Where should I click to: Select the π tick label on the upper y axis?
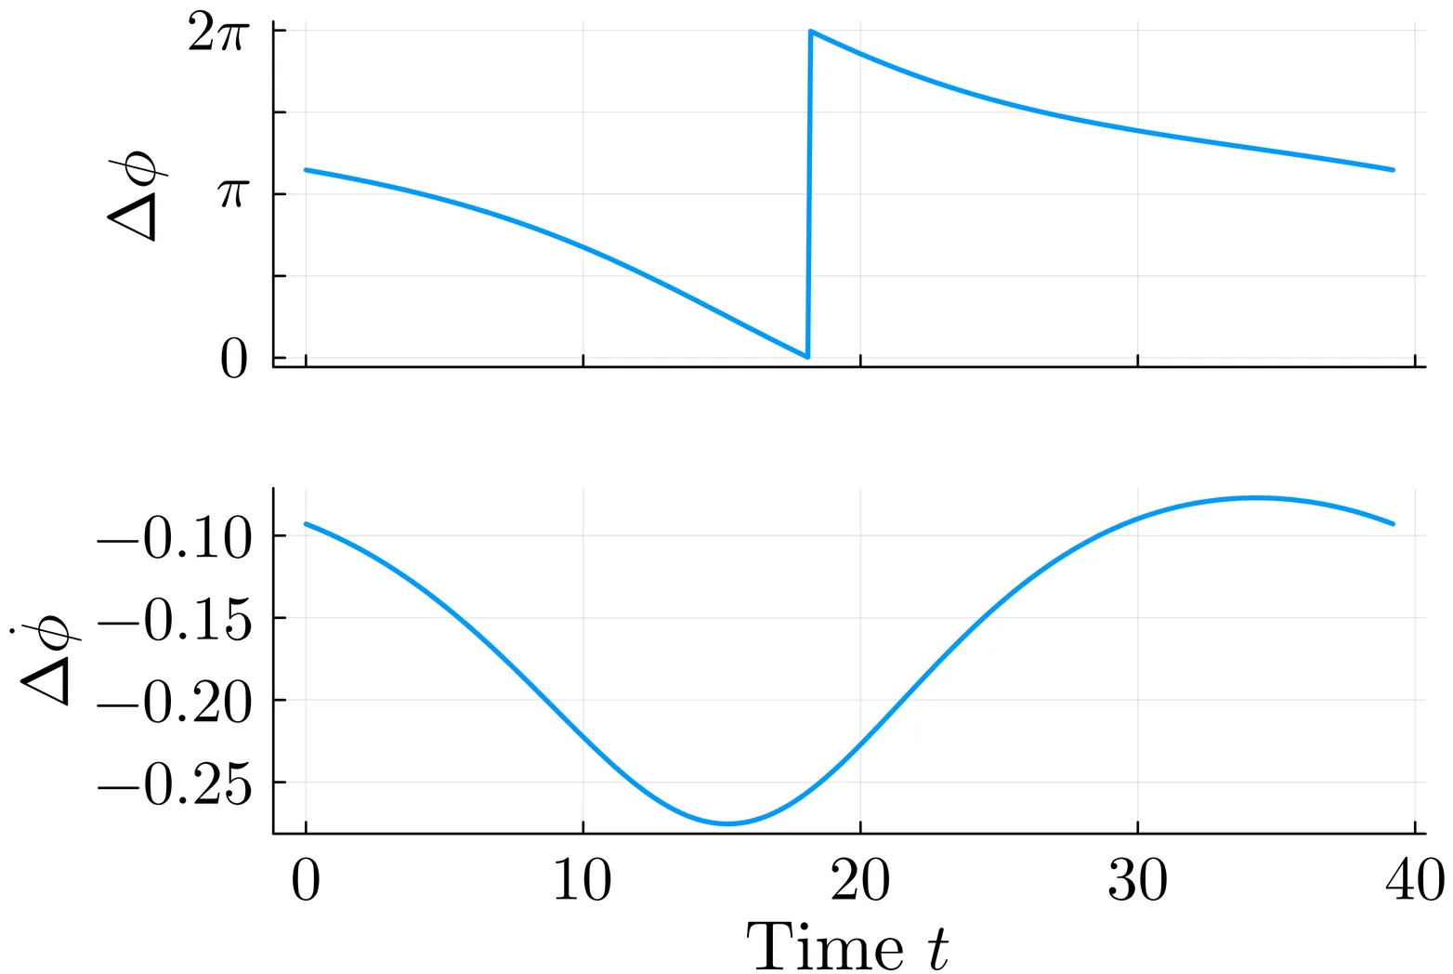(233, 193)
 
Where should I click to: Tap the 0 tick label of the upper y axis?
(234, 361)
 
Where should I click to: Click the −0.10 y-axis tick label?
(175, 539)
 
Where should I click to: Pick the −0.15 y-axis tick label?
(175, 621)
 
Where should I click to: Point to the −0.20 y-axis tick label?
(175, 704)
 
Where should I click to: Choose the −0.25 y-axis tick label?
(175, 786)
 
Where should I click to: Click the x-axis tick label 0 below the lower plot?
(306, 880)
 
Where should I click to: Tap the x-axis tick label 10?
(583, 880)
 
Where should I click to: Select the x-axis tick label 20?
(860, 880)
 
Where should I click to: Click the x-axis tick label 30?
(1137, 880)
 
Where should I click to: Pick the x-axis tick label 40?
(1414, 880)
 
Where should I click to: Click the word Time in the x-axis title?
(825, 947)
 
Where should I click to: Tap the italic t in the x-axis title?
(938, 947)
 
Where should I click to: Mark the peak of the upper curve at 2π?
(811, 32)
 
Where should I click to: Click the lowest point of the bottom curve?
(727, 823)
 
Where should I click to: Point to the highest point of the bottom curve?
(1254, 498)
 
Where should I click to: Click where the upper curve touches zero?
(807, 356)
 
